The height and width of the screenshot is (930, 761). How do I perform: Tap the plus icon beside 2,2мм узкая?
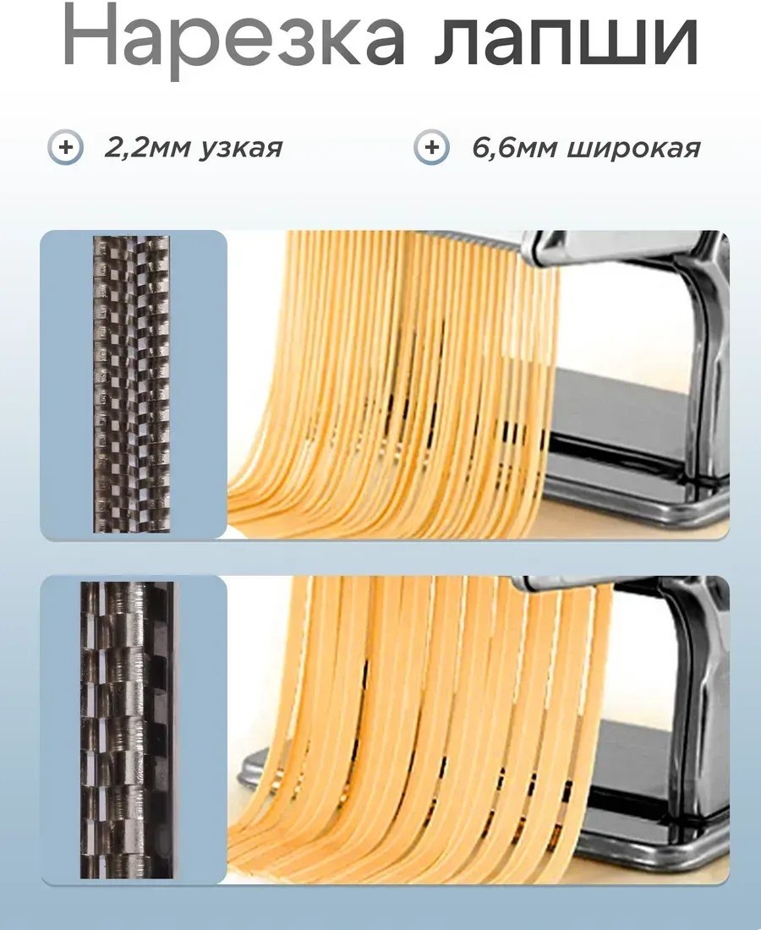65,146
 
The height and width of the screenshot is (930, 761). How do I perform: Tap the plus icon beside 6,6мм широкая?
431,146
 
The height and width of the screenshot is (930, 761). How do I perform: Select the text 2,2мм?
147,148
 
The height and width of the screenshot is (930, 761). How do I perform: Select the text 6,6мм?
514,148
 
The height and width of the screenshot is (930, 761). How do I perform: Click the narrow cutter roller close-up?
132,385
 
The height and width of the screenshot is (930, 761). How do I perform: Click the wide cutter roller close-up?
127,730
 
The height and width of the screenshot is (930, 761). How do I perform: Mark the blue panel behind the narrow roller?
134,385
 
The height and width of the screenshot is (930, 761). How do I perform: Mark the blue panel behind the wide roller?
134,730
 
